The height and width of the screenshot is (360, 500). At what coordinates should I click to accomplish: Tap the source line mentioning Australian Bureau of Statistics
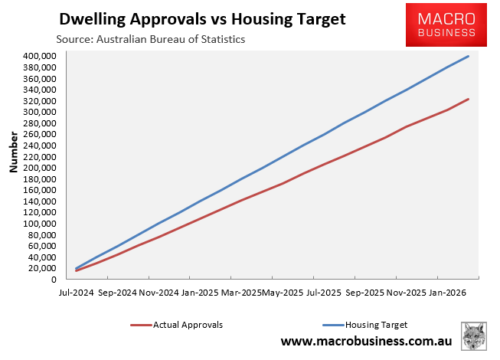pos(150,39)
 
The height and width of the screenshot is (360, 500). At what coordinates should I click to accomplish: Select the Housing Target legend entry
pos(377,325)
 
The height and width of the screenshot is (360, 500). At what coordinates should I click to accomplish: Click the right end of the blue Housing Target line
pos(469,56)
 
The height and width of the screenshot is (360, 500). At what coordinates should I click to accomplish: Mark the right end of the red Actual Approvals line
pos(469,99)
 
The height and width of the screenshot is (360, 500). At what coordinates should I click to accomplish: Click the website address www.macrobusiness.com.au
pos(366,341)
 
